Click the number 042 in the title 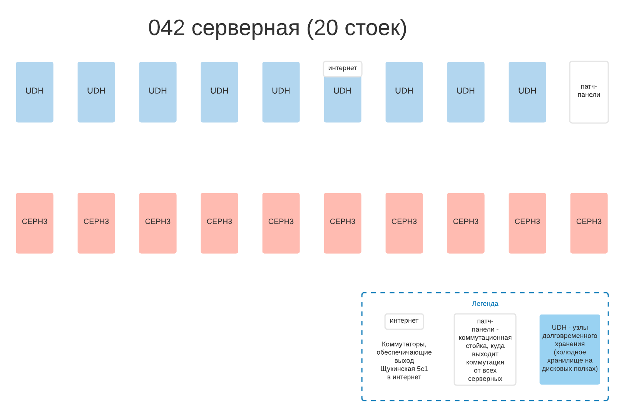pos(166,28)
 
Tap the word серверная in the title pos(245,28)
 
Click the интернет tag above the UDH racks pos(342,68)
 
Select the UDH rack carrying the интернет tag pos(342,98)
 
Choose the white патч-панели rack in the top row pos(589,92)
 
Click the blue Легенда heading pos(485,304)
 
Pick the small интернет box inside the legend pos(404,321)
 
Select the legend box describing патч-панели pos(485,349)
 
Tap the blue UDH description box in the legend pos(569,349)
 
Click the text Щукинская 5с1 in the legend pos(404,369)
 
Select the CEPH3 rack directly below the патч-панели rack pos(589,223)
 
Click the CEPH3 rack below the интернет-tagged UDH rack pos(342,223)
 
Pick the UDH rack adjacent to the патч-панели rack pos(527,92)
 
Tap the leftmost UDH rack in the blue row pos(35,92)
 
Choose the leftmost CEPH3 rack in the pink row pos(35,223)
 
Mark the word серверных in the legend pos(485,379)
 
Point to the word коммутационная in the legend pos(485,338)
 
